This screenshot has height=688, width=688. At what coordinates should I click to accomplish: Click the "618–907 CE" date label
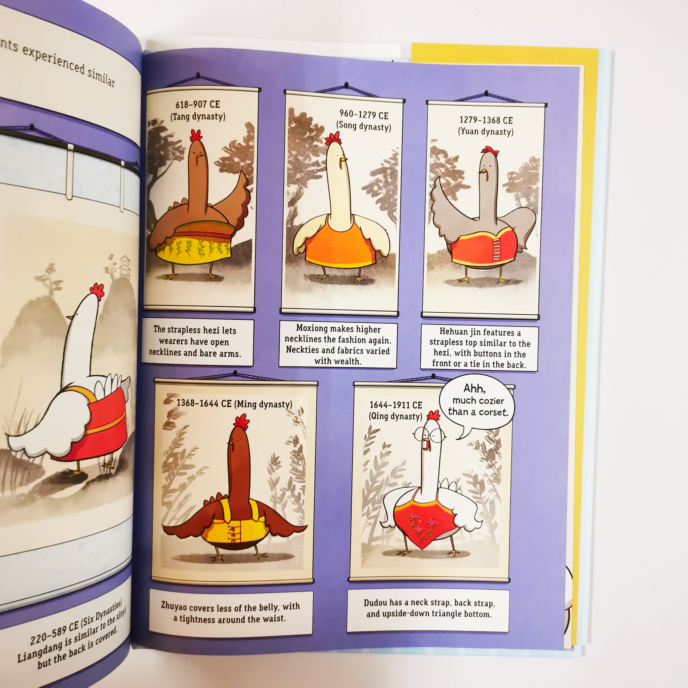click(x=198, y=104)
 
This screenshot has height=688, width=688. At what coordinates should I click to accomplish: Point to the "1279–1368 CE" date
click(x=486, y=120)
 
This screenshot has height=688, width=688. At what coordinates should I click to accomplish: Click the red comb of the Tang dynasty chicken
click(x=196, y=135)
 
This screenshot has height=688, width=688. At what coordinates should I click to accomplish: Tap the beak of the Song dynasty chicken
click(x=343, y=160)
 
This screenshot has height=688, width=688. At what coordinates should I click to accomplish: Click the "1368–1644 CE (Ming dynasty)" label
click(x=234, y=403)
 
